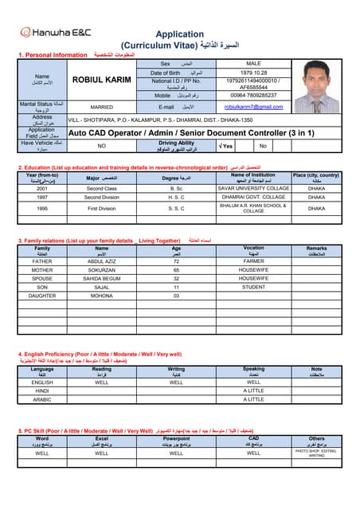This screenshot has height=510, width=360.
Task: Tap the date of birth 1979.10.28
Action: tap(253, 73)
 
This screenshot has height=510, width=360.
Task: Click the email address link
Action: tap(253, 107)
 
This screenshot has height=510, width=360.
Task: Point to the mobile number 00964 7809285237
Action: tap(253, 95)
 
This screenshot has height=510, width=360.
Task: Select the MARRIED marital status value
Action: tap(101, 107)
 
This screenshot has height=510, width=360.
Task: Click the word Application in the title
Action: tap(179, 34)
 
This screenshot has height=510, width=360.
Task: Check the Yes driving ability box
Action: tap(225, 146)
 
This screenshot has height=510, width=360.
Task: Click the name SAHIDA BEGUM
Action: tap(101, 278)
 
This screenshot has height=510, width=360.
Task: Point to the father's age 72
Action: tap(176, 261)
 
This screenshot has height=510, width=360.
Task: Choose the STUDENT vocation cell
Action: tap(253, 287)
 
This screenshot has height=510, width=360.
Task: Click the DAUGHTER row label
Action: tap(42, 296)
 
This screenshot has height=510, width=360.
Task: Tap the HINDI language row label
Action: tap(42, 390)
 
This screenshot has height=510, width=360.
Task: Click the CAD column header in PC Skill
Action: tap(253, 438)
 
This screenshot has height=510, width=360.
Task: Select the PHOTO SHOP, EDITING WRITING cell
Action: tap(316, 453)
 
